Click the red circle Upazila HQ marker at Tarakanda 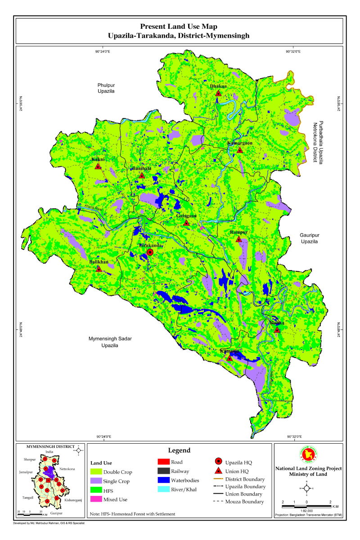(x=150, y=253)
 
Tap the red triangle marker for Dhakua (x=218, y=93)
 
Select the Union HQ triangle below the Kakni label (x=98, y=166)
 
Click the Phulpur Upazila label (x=107, y=88)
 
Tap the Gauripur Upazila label (x=309, y=238)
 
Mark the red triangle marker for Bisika (x=277, y=330)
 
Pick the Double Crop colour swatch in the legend (x=96, y=472)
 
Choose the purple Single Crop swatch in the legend (x=96, y=481)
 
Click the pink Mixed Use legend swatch (x=96, y=499)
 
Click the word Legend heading (x=179, y=450)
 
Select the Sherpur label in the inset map (x=30, y=460)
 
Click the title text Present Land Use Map (x=179, y=27)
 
